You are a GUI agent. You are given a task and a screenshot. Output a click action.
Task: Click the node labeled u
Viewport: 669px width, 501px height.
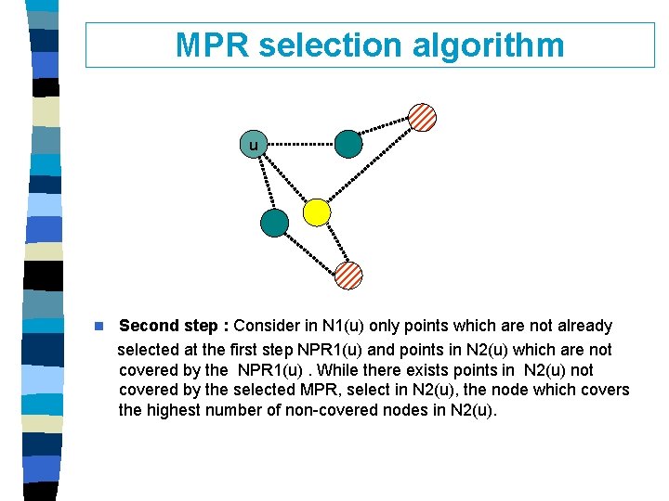click(x=253, y=145)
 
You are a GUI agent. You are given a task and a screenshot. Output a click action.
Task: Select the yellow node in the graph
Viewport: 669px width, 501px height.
click(x=318, y=212)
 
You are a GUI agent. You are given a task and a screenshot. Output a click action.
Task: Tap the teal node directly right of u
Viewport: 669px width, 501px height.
click(x=348, y=144)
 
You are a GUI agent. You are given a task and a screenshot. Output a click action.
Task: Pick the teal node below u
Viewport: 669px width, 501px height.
click(x=274, y=223)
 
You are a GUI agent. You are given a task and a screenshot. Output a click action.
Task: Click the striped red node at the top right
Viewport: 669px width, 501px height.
click(x=422, y=117)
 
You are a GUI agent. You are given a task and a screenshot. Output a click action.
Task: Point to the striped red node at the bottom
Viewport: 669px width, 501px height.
click(x=348, y=275)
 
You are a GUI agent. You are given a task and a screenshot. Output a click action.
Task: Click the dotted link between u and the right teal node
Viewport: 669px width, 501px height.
click(x=300, y=145)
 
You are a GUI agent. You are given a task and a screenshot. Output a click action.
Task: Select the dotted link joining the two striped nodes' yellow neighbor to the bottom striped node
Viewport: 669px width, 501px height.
click(x=334, y=244)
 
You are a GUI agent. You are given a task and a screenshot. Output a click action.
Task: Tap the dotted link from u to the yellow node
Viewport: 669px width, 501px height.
click(x=285, y=178)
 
